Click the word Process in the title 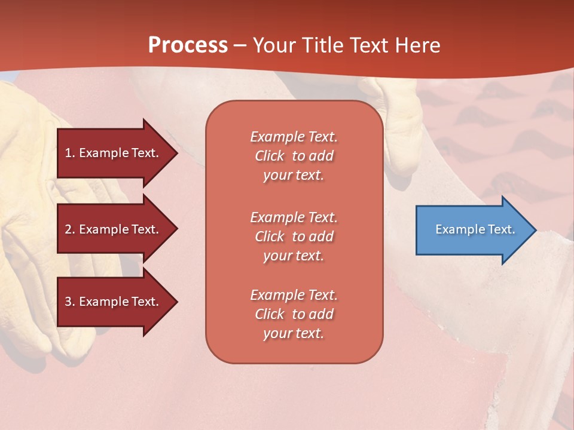point(188,45)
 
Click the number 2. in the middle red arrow point(70,229)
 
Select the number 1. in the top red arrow point(70,153)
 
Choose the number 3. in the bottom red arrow point(70,302)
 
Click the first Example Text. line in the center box point(294,137)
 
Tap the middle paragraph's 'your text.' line point(294,256)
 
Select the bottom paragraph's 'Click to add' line point(294,314)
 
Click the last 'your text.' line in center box point(294,333)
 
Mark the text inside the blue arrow point(475,229)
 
